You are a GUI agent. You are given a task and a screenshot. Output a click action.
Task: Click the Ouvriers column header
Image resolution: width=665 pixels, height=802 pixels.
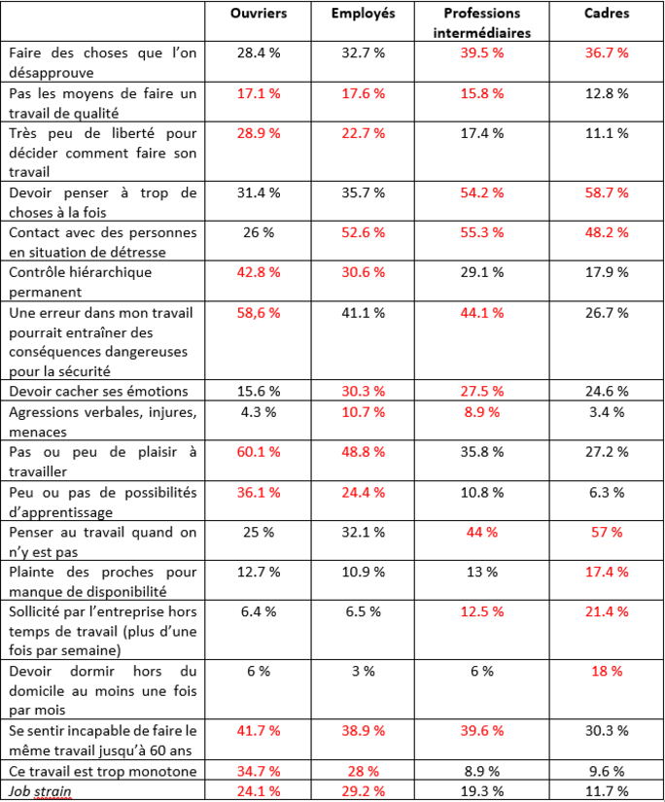[x=259, y=14]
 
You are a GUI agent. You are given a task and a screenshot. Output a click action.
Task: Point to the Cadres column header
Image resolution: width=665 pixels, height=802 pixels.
[x=609, y=14]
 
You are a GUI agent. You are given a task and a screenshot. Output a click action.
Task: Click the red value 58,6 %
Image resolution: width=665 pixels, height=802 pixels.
[x=259, y=313]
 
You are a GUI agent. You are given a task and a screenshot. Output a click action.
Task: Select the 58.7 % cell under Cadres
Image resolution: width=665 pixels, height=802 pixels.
[x=609, y=192]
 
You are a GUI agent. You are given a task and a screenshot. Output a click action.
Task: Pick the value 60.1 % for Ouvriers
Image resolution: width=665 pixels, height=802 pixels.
[x=259, y=451]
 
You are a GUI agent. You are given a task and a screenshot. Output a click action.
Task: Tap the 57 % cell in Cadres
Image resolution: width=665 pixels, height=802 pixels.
[x=609, y=532]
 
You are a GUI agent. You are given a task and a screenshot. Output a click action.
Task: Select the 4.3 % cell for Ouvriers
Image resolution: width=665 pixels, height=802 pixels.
[x=259, y=411]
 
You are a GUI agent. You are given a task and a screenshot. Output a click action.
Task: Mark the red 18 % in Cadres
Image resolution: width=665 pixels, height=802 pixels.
[x=609, y=671]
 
